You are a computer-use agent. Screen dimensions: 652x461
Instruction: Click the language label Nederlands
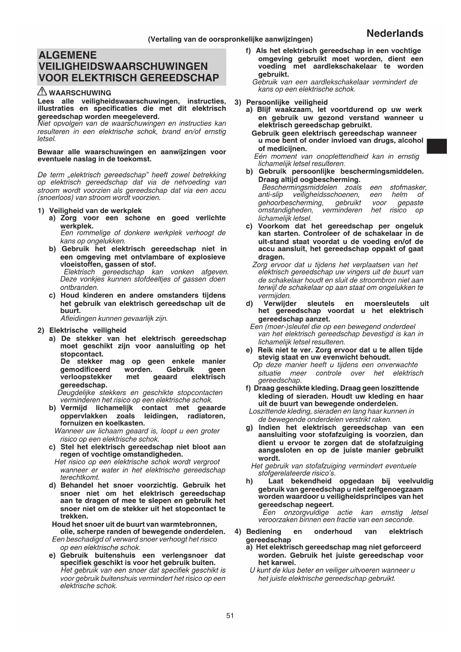pos(395,34)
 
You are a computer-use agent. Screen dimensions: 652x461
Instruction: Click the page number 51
pos(230,616)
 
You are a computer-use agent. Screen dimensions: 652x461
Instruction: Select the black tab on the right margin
pos(436,146)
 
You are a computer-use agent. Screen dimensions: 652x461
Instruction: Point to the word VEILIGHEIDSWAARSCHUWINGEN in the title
pos(123,67)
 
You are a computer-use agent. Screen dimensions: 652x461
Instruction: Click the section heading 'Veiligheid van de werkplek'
pos(95,211)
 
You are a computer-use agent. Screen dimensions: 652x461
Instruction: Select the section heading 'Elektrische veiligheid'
pos(88,330)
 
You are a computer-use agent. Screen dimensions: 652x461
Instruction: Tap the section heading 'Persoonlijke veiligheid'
pos(287,102)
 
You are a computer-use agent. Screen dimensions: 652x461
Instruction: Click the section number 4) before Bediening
pos(238,532)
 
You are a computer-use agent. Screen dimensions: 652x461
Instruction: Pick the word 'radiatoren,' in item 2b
pos(206,416)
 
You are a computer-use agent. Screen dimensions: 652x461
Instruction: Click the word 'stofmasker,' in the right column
pos(408,187)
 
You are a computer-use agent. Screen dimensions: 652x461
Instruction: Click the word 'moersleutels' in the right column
pos(387,303)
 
